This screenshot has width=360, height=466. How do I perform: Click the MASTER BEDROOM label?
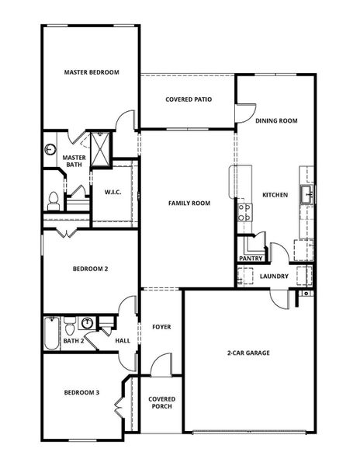92,72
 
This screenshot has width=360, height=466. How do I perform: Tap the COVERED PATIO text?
189,99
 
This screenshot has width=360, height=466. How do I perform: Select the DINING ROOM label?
276,120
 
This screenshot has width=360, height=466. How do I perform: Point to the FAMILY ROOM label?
189,203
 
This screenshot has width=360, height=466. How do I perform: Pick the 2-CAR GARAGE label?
248,353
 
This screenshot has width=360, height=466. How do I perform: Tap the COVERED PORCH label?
161,402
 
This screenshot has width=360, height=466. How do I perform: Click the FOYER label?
161,327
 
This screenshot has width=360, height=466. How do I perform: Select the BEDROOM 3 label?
81,393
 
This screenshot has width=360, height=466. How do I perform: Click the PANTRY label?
253,258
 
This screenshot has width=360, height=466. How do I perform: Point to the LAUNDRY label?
275,276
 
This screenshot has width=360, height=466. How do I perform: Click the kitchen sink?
308,193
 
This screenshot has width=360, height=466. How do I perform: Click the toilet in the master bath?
53,201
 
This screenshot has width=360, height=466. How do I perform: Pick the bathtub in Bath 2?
51,332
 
